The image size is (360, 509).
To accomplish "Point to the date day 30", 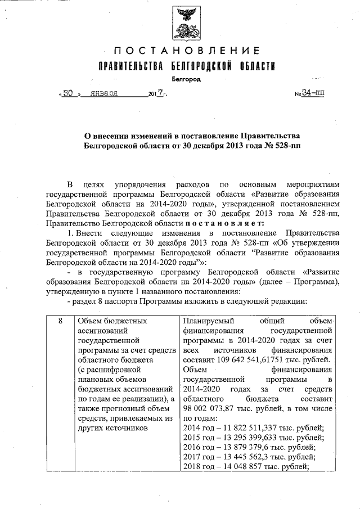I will click(69, 94).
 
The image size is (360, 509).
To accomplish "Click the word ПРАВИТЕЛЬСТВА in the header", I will click(131, 67).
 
